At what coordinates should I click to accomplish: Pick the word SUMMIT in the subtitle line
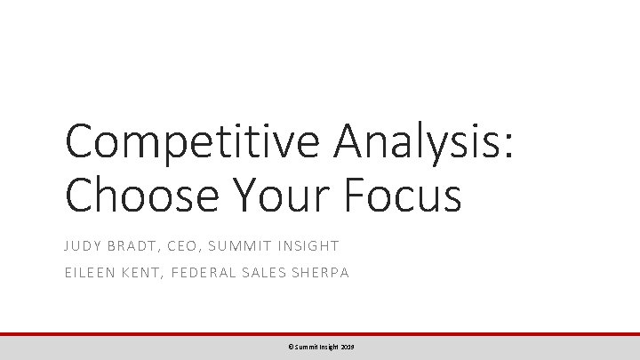pyautogui.click(x=258, y=245)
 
